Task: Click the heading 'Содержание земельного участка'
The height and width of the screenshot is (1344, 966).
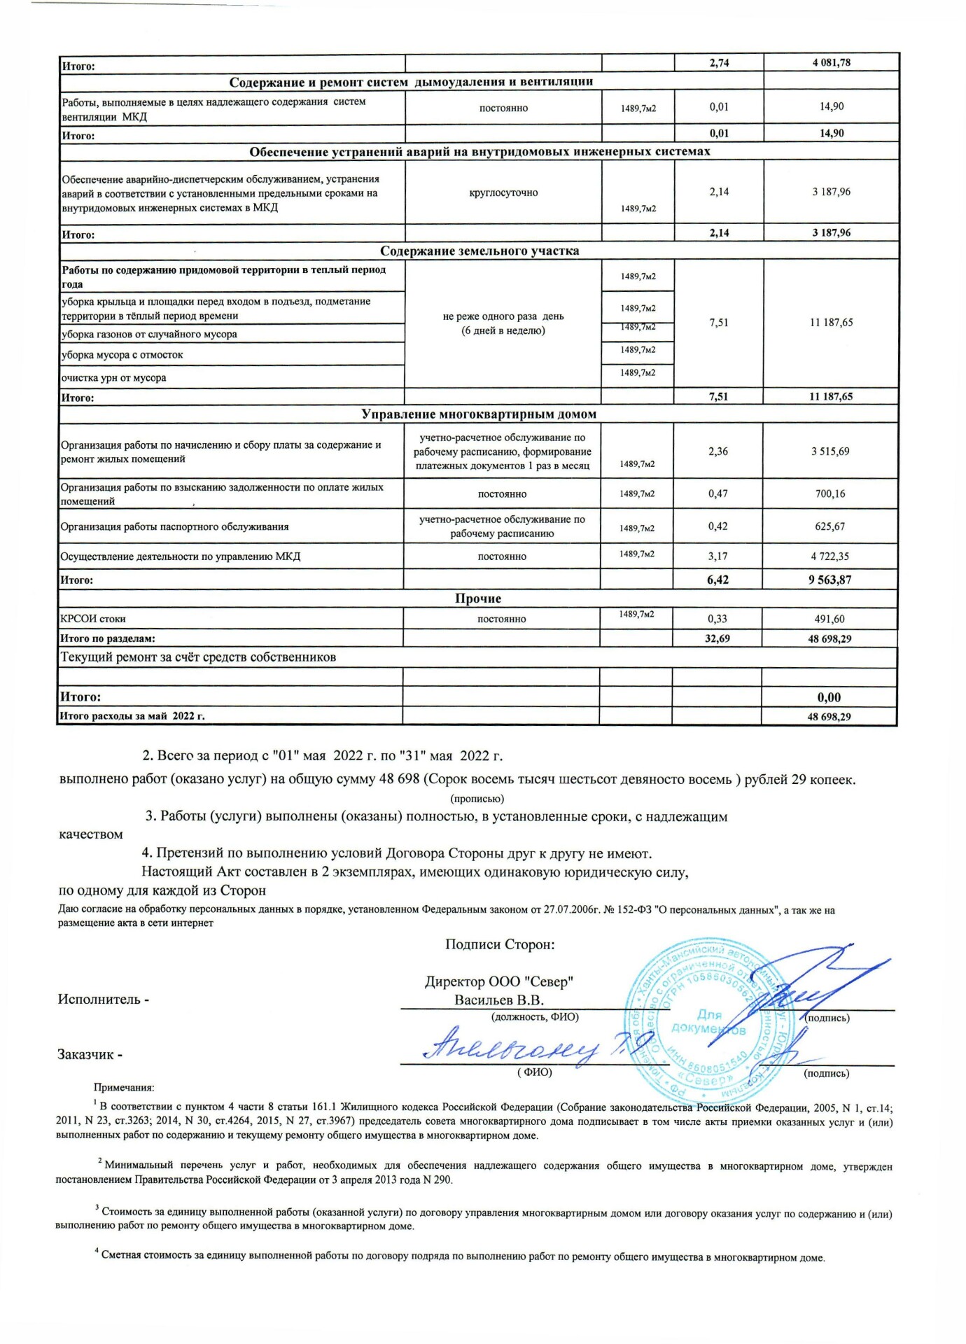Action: (x=479, y=251)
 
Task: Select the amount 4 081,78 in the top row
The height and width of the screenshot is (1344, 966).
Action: (x=831, y=62)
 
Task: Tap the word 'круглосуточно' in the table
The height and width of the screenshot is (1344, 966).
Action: (x=503, y=192)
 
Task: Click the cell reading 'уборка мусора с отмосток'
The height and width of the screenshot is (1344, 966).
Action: (x=122, y=355)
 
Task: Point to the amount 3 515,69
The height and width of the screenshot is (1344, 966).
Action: (x=830, y=451)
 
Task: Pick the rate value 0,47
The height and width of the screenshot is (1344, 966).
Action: (x=717, y=493)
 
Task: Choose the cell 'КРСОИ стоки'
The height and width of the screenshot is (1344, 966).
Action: (x=93, y=619)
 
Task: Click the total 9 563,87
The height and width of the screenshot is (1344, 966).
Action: (x=830, y=580)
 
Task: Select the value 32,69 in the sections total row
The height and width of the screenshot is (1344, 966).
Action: (x=717, y=638)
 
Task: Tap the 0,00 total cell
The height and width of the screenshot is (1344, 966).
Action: (x=829, y=697)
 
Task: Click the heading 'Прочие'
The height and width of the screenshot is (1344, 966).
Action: (x=478, y=598)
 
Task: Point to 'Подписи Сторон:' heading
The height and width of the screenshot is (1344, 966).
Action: (x=500, y=944)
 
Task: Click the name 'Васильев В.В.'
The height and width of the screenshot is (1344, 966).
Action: (x=499, y=1000)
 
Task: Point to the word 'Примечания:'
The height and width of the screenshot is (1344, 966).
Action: (x=124, y=1088)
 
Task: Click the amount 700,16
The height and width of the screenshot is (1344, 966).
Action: (x=830, y=493)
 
